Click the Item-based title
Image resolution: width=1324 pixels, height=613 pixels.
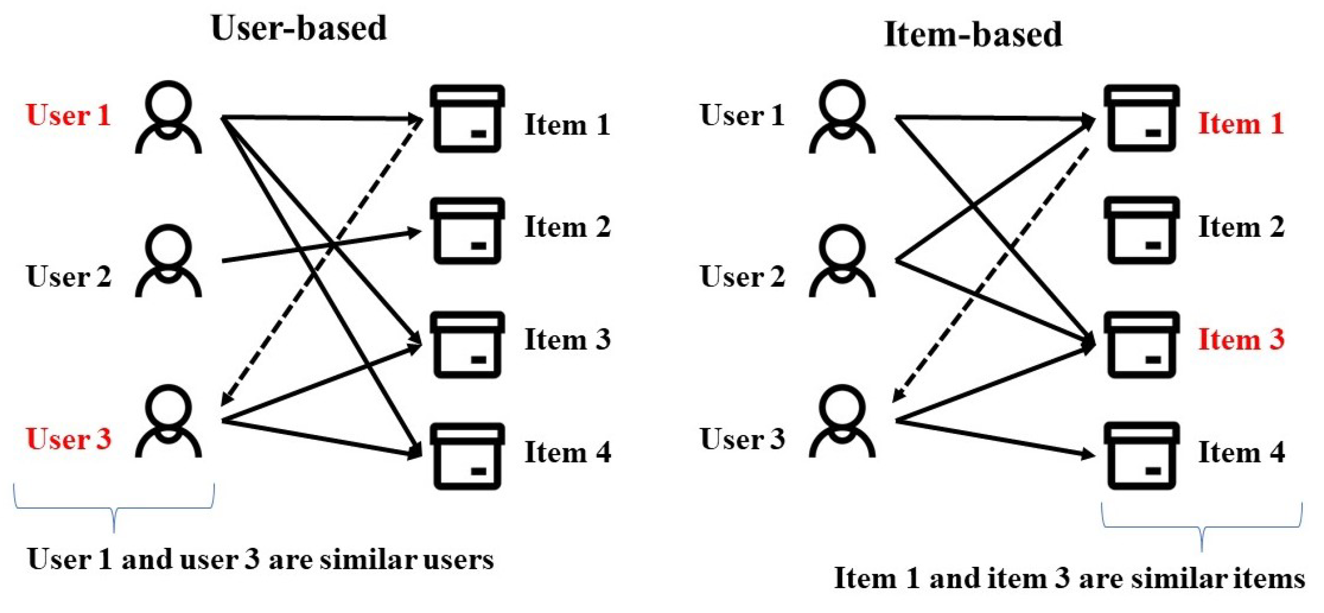click(973, 34)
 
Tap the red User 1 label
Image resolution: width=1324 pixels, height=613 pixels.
click(68, 115)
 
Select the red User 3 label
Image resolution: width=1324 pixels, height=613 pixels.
click(68, 439)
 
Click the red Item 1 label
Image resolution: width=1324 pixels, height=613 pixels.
click(1241, 123)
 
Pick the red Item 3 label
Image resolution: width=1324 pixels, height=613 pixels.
click(1241, 340)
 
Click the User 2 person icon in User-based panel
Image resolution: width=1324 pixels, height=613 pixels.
click(168, 261)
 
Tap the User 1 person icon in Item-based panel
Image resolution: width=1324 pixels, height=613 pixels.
click(841, 117)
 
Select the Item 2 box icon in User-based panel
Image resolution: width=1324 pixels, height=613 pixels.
click(467, 230)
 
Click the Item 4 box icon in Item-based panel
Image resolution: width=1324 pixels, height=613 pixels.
click(1142, 456)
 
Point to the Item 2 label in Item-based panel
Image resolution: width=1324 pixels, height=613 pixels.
click(1241, 227)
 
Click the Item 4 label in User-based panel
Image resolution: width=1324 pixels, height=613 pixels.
click(567, 452)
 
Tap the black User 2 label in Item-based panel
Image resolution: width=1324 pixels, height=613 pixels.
click(742, 277)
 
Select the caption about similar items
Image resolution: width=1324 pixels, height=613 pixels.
click(1069, 578)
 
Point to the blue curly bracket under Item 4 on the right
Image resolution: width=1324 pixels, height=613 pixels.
click(1202, 527)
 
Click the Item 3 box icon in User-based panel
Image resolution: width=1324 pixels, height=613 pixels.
click(467, 344)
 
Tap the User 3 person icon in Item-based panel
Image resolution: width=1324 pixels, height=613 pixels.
click(841, 421)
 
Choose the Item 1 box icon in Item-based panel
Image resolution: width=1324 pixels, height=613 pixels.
click(1142, 118)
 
